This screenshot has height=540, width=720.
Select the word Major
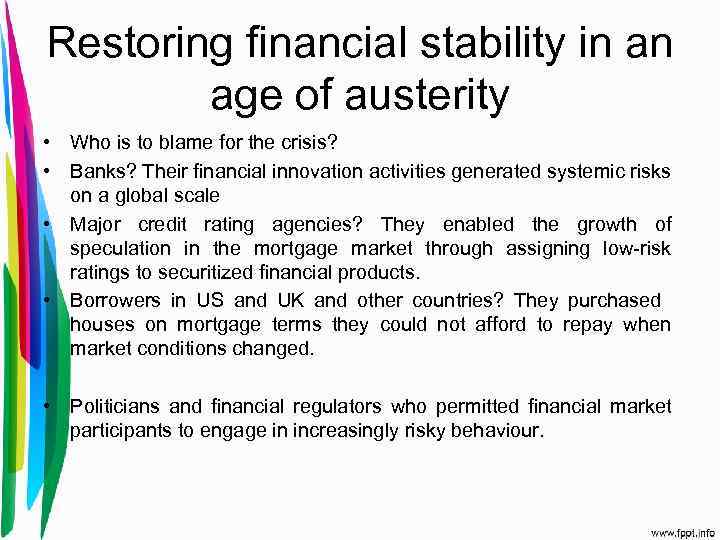tap(97, 224)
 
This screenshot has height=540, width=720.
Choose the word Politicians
tap(115, 406)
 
